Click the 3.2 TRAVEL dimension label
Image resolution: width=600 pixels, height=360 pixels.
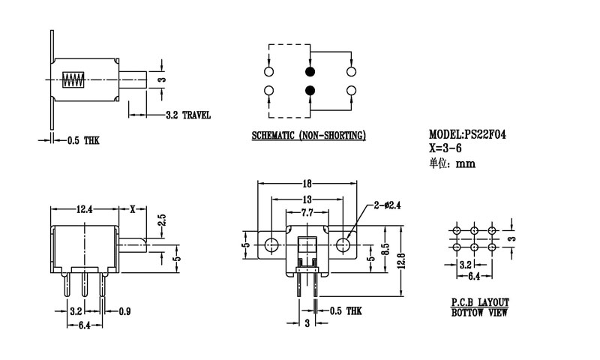(x=187, y=115)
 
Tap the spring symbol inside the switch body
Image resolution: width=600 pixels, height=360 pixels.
(x=73, y=79)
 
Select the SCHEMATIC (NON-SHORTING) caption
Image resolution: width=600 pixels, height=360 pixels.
(x=308, y=136)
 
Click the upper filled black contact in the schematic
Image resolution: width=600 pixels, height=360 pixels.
(x=310, y=72)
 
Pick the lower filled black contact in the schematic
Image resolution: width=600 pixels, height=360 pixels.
(x=310, y=91)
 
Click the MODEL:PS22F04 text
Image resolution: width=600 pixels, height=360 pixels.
(x=473, y=134)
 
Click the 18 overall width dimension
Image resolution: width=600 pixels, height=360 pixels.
(x=307, y=184)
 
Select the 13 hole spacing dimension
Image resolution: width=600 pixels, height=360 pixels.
(x=307, y=200)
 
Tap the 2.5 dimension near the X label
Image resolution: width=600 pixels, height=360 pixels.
(x=160, y=220)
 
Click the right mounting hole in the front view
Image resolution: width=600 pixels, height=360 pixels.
(x=344, y=243)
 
